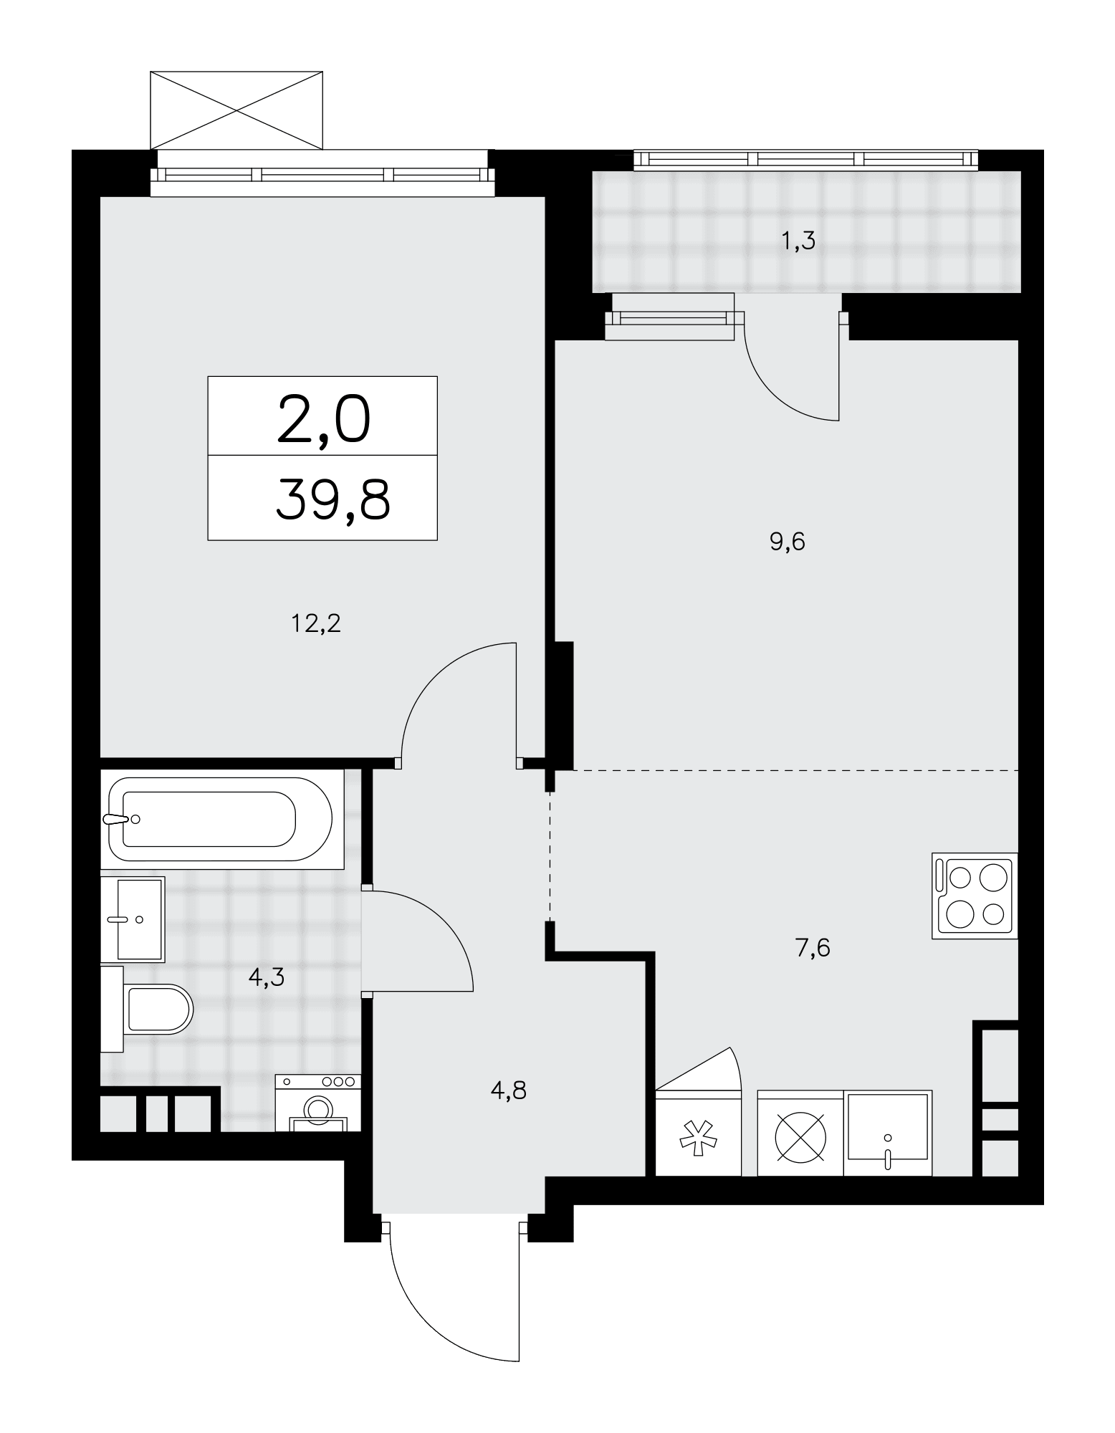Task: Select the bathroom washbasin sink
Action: tap(133, 919)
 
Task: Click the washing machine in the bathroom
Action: tap(318, 1103)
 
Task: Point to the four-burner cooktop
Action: tap(975, 895)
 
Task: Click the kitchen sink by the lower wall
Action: tap(888, 1133)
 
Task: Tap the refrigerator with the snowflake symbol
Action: tap(698, 1133)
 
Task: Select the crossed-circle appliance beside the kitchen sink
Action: tap(800, 1133)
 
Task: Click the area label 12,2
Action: tap(315, 623)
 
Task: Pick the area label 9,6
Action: tap(788, 542)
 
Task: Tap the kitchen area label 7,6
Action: tap(813, 948)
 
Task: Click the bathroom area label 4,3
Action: tap(267, 977)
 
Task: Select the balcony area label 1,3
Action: tap(798, 241)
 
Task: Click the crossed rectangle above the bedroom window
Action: tap(236, 110)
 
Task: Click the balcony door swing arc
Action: tap(777, 392)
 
